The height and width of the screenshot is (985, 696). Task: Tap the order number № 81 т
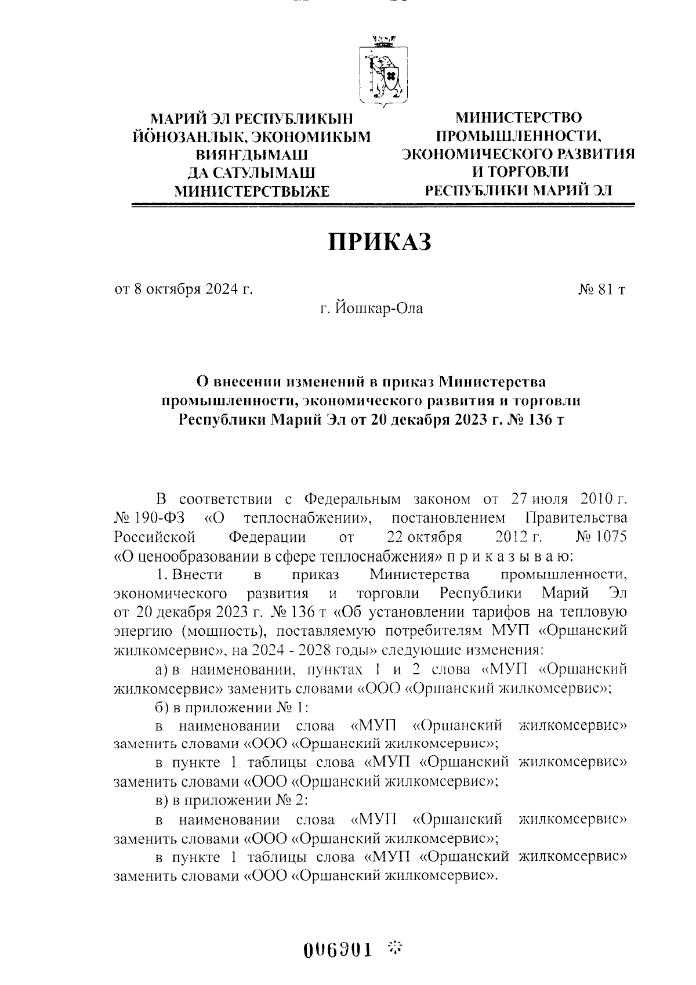(x=601, y=289)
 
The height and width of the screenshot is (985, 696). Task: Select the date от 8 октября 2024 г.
(x=184, y=289)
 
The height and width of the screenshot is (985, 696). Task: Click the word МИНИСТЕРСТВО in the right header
(x=518, y=118)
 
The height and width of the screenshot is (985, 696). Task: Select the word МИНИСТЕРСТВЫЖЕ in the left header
(x=252, y=191)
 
